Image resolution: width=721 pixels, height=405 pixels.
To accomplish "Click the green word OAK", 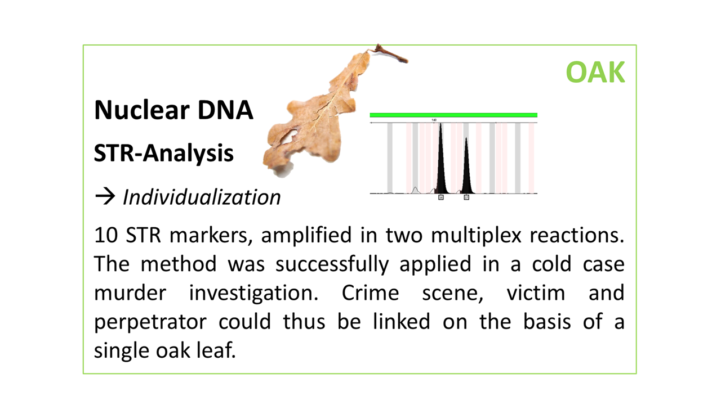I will (x=595, y=73).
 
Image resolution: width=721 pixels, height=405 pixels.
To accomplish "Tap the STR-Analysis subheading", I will (x=163, y=152).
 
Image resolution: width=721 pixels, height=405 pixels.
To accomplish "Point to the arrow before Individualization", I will (x=105, y=197).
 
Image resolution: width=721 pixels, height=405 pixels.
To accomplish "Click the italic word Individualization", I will (x=202, y=197).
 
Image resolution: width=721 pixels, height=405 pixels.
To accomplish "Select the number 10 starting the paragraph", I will (x=105, y=235).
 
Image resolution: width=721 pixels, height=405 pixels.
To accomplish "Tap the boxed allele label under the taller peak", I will (x=441, y=197).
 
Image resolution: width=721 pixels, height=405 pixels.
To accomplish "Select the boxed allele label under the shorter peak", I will (x=466, y=197).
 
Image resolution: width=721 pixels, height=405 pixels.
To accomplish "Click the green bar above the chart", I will (x=453, y=115).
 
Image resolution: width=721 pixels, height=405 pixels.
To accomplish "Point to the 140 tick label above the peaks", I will (x=434, y=120).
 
